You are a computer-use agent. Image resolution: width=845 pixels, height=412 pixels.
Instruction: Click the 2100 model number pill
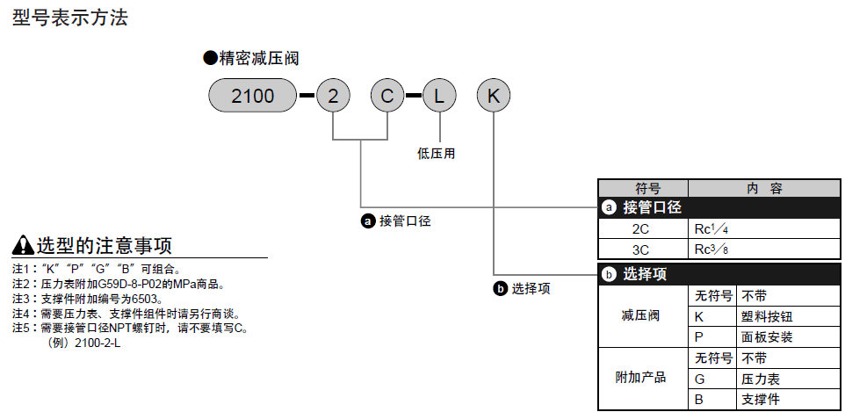253,95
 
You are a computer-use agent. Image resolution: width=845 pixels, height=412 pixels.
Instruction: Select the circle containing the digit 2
333,95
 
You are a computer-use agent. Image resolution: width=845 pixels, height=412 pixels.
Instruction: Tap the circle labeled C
386,95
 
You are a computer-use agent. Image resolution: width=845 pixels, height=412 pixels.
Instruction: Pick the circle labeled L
438,95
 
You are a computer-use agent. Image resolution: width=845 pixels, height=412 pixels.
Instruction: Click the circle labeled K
494,95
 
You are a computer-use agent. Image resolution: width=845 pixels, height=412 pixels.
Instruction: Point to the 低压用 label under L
437,153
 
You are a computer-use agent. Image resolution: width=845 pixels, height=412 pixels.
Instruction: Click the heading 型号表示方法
70,18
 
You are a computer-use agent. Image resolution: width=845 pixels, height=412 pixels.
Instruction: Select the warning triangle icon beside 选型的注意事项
24,245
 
